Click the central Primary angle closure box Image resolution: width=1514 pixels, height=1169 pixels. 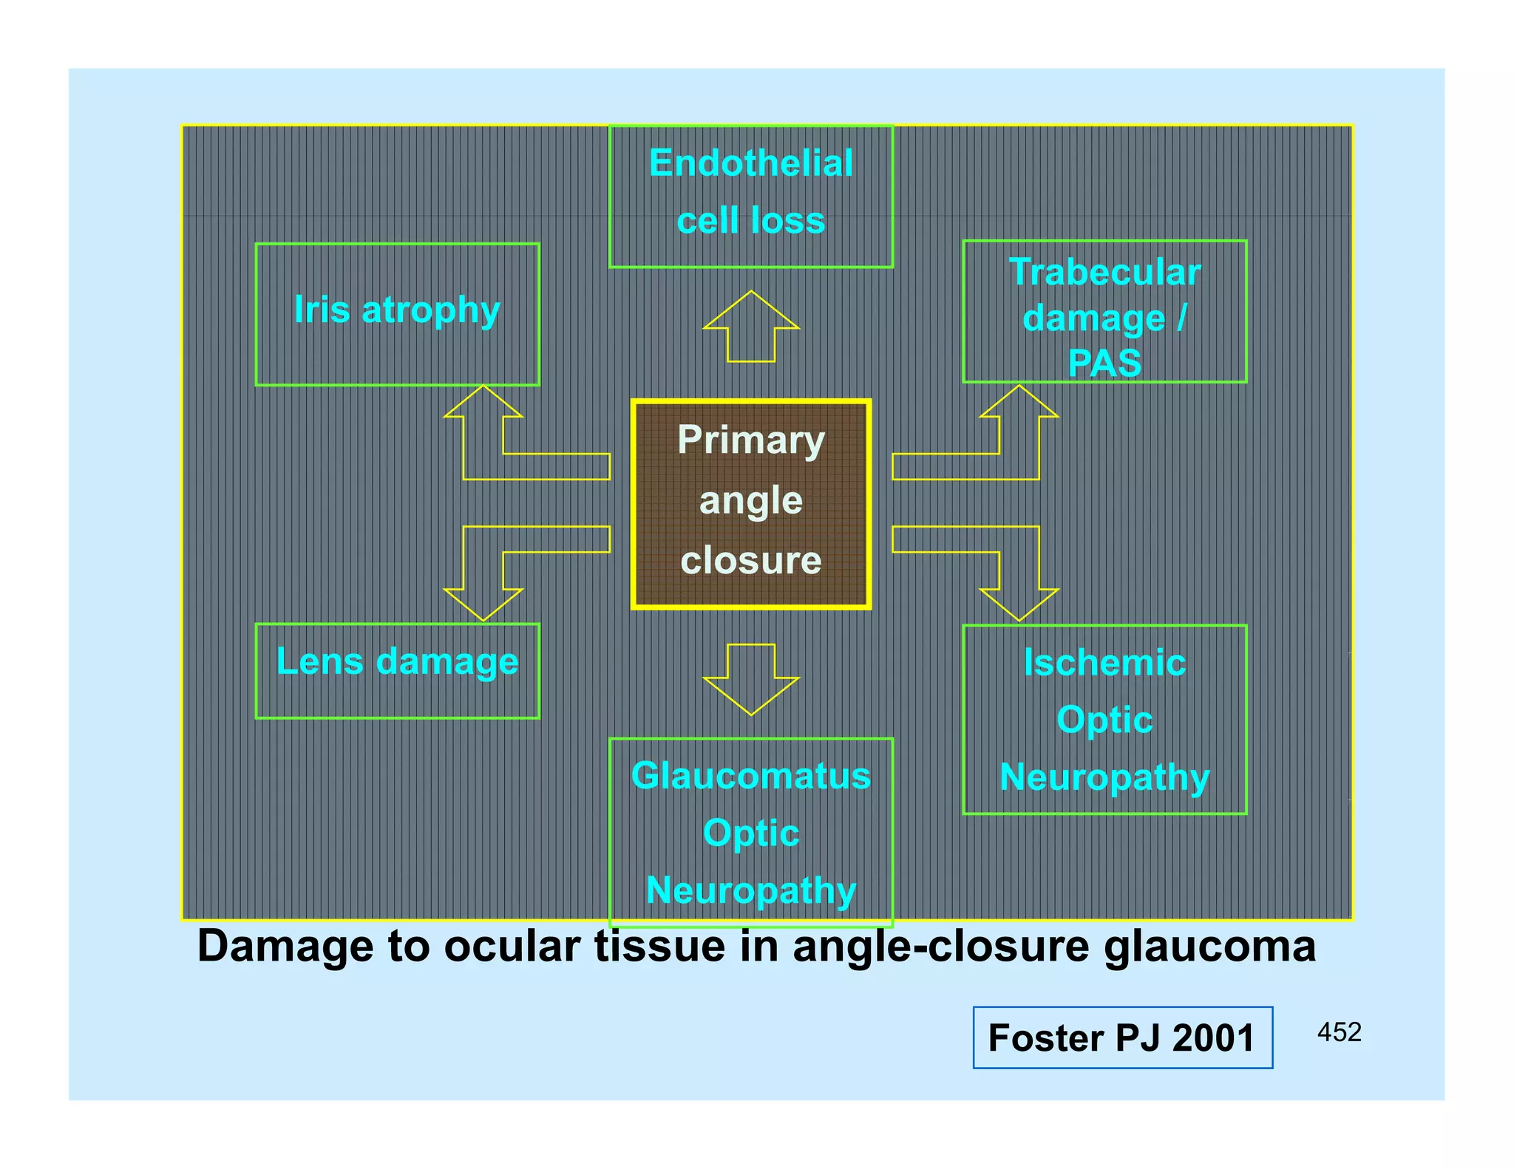[750, 504]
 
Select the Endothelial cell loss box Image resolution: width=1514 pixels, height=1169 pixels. [750, 196]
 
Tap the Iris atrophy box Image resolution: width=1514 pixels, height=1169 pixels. [397, 314]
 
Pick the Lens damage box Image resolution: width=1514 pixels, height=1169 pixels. [397, 670]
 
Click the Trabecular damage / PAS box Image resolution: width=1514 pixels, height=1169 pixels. [1104, 311]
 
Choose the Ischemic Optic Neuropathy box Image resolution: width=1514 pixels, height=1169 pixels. [1104, 719]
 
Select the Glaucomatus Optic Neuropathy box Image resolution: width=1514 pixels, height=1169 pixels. [750, 832]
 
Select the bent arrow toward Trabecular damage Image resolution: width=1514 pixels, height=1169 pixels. [1019, 466]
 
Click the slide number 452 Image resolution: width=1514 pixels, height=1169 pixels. [1339, 1032]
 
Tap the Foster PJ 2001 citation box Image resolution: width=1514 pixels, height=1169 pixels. [1122, 1037]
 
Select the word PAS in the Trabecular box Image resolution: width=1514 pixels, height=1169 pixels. [1104, 363]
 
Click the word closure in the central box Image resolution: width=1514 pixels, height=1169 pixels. [750, 560]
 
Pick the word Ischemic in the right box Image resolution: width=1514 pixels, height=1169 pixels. [1104, 662]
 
